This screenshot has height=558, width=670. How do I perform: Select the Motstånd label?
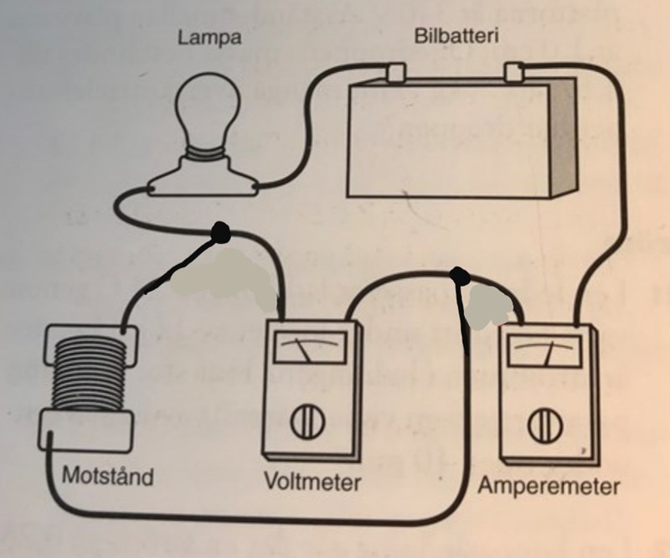click(108, 478)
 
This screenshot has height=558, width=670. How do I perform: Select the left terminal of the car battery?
click(393, 73)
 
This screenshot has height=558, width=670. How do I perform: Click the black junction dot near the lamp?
click(221, 231)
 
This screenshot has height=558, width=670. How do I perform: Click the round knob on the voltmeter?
click(304, 424)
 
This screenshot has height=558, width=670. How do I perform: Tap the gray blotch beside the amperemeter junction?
click(487, 305)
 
